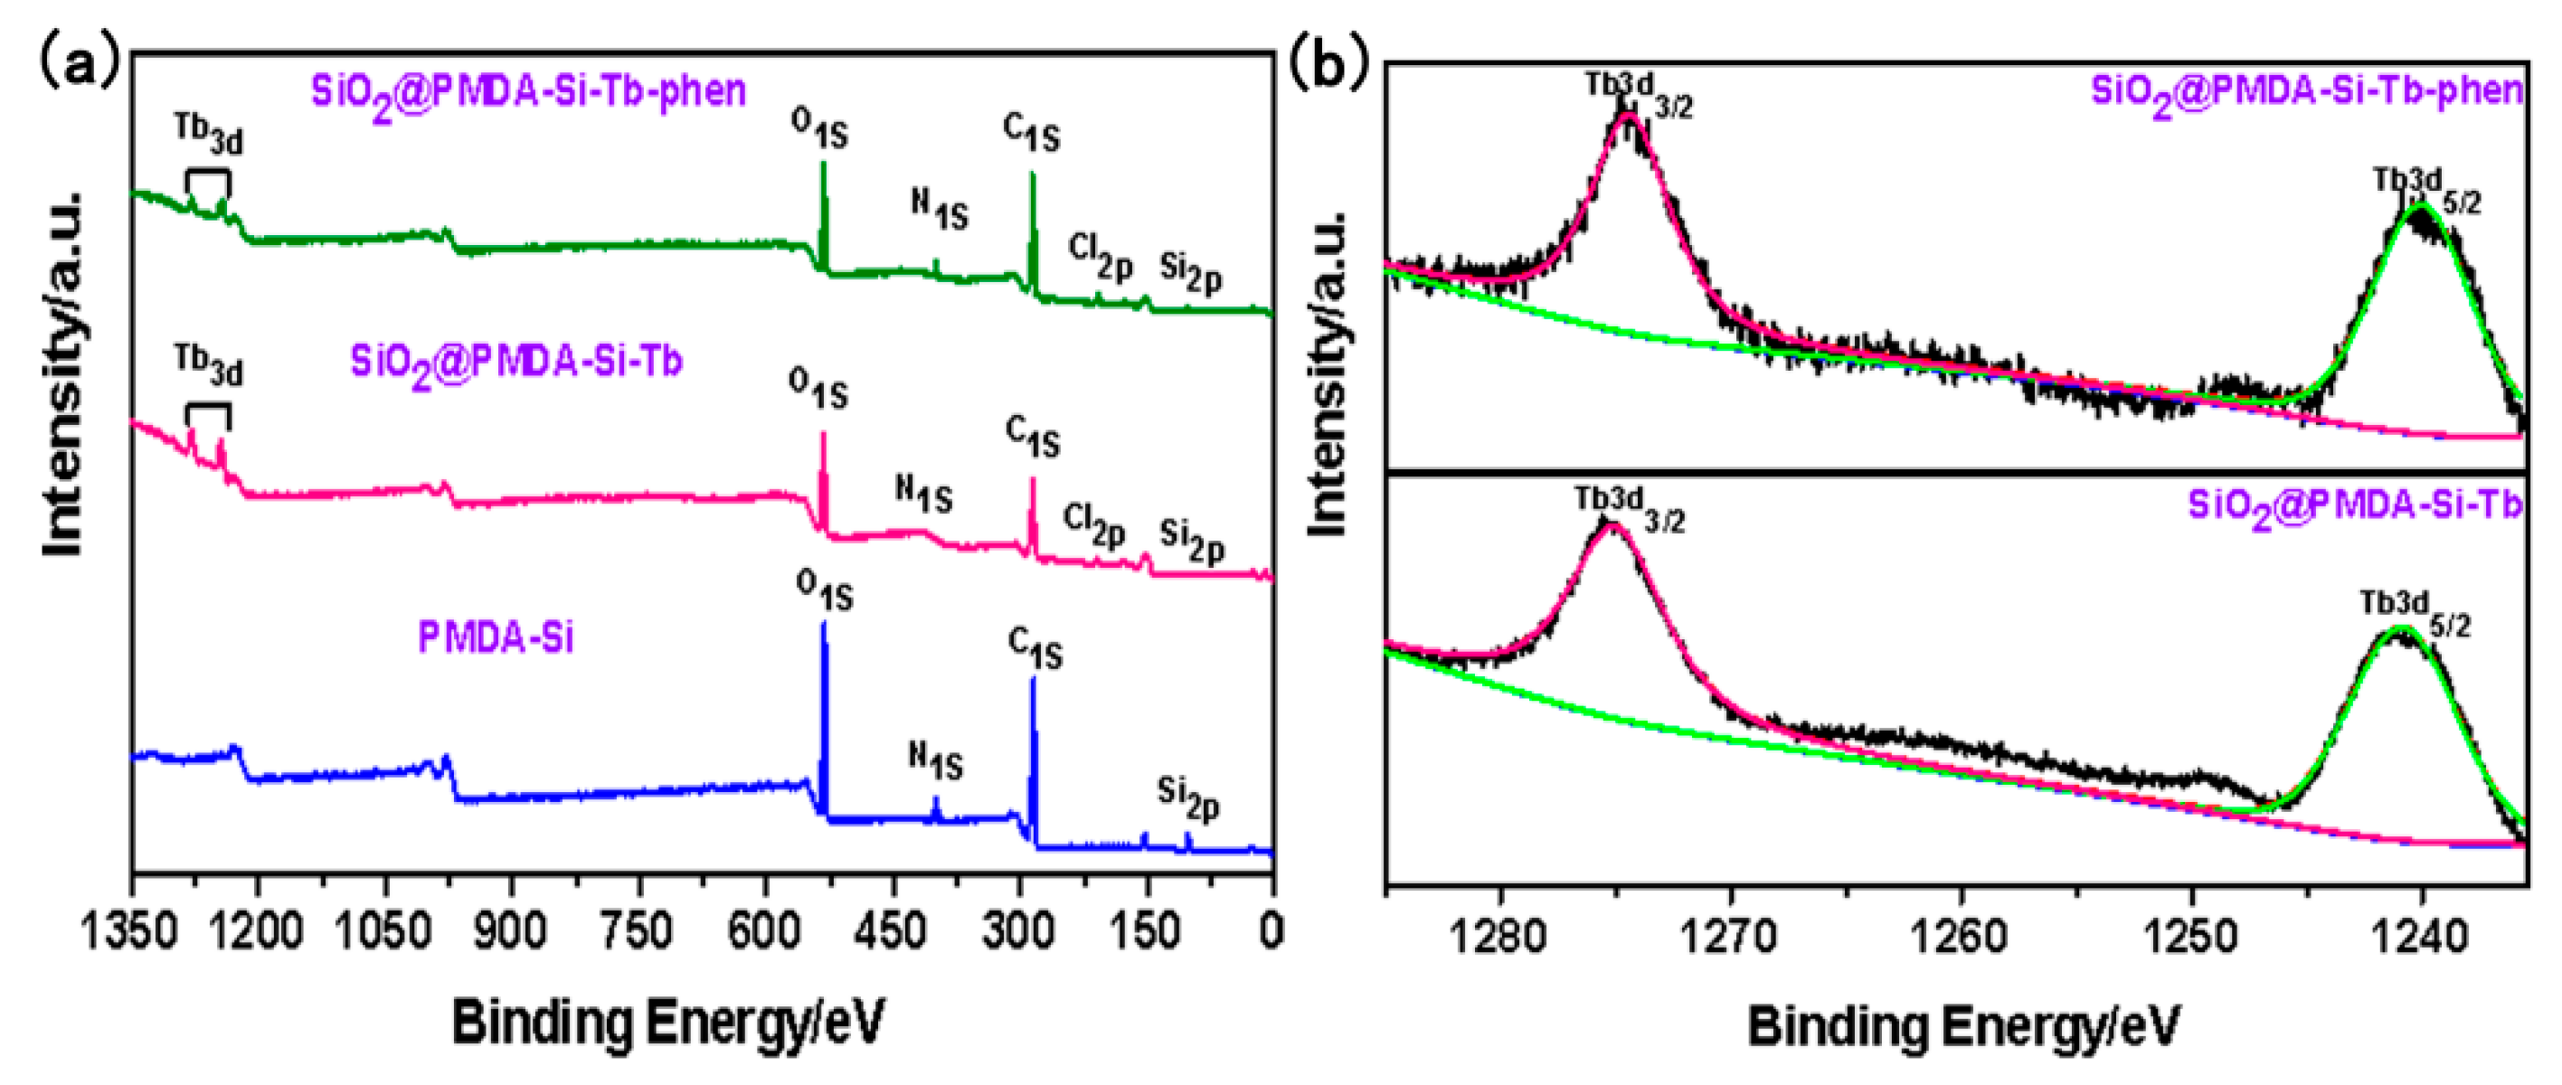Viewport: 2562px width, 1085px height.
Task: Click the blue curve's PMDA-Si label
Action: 496,637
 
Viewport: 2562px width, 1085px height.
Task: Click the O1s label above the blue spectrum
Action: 824,590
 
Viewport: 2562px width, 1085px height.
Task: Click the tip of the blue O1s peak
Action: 823,624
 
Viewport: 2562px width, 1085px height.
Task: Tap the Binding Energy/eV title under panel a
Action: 667,1024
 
